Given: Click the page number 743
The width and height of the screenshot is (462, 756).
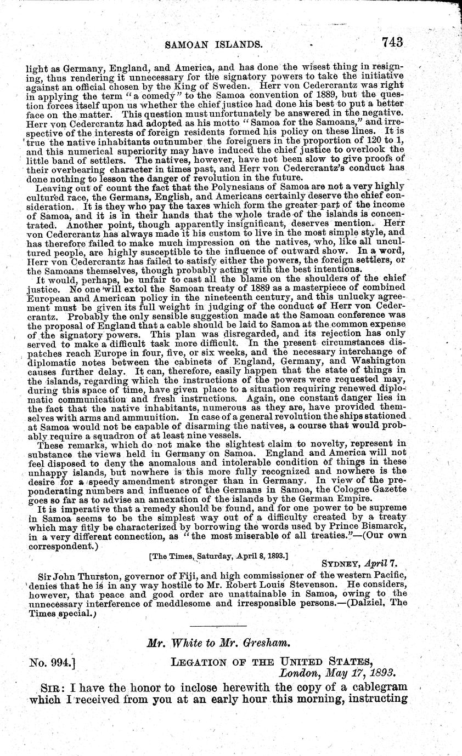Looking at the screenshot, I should (x=390, y=42).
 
